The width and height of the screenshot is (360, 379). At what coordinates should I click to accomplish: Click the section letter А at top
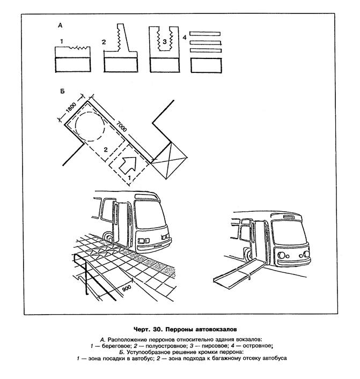pyautogui.click(x=60, y=25)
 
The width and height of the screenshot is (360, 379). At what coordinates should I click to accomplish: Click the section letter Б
pyautogui.click(x=62, y=91)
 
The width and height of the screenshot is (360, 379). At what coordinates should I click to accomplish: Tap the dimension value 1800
pyautogui.click(x=71, y=108)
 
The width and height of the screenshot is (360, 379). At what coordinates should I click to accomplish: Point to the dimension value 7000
pyautogui.click(x=121, y=126)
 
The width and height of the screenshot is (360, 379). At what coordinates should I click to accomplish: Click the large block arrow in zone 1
pyautogui.click(x=128, y=164)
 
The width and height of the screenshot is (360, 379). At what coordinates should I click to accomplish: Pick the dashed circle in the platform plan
pyautogui.click(x=90, y=127)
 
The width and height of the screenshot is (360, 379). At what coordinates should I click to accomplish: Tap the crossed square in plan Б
pyautogui.click(x=169, y=160)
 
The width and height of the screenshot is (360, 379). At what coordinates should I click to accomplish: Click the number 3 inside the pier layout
pyautogui.click(x=165, y=42)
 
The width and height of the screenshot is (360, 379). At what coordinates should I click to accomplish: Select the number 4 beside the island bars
pyautogui.click(x=185, y=38)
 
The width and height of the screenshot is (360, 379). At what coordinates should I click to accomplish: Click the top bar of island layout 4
pyautogui.click(x=205, y=34)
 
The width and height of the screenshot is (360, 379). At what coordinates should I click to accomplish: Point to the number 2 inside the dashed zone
pyautogui.click(x=106, y=150)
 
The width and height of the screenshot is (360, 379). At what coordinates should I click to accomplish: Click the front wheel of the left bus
pyautogui.click(x=108, y=237)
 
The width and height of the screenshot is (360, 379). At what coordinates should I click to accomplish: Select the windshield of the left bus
pyautogui.click(x=150, y=214)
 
